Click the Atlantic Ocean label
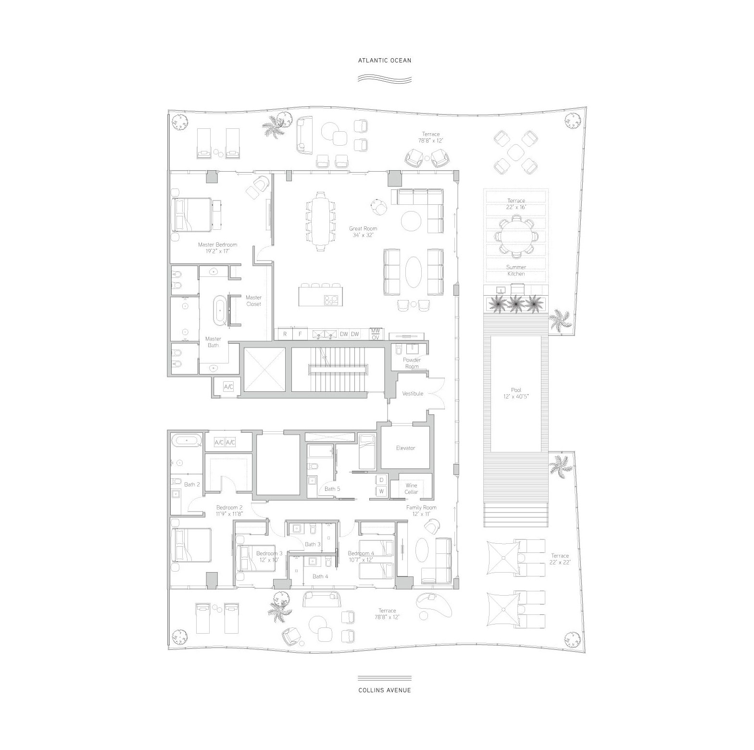[385, 61]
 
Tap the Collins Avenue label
[385, 690]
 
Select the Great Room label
[363, 232]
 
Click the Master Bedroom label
[217, 248]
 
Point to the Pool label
[516, 393]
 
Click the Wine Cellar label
[411, 489]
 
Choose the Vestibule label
[413, 393]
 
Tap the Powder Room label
[412, 363]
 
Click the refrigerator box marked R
[285, 334]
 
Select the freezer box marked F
[300, 334]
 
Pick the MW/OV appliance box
[376, 334]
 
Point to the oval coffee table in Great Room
[414, 271]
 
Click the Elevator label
[405, 448]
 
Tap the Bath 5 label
[332, 489]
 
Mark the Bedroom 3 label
[269, 556]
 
